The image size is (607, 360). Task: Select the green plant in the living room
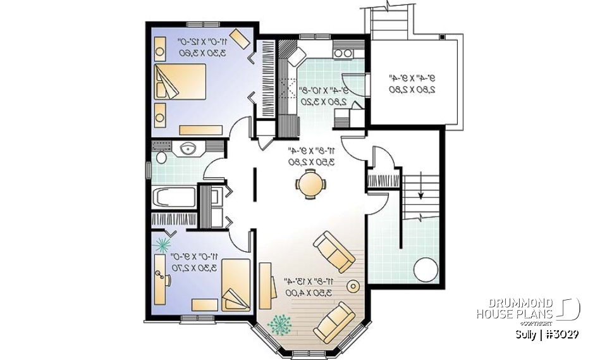279,324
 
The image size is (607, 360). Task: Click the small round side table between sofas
352,287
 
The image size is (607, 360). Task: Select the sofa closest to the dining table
334,251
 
